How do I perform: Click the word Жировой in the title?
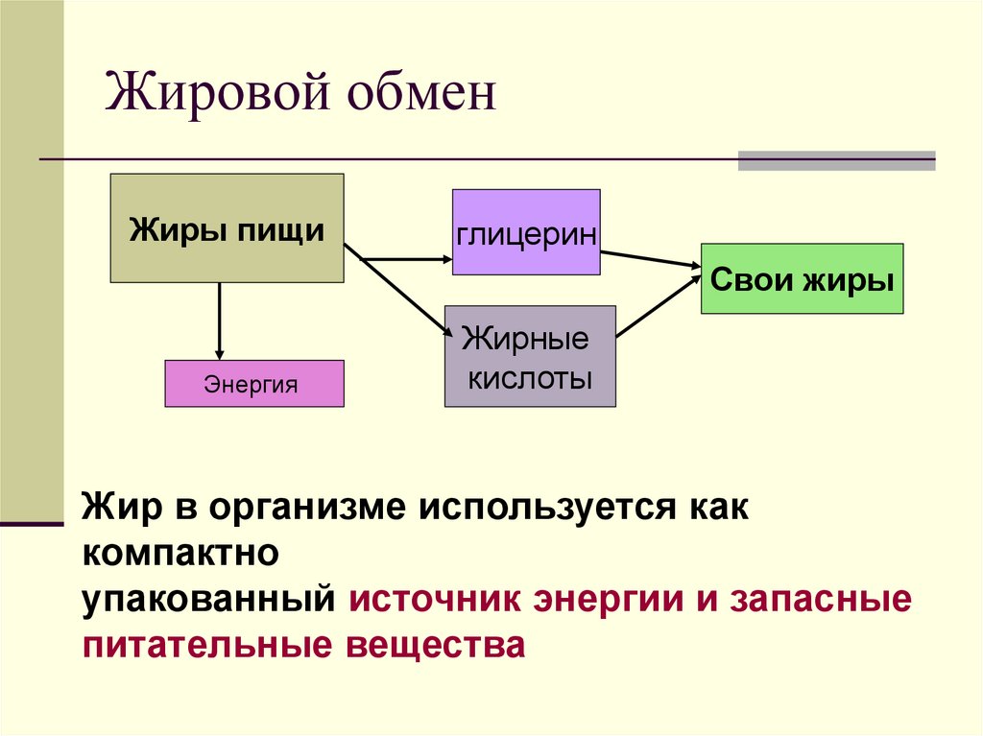(x=203, y=97)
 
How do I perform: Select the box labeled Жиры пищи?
(x=227, y=228)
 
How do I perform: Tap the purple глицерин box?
(x=526, y=233)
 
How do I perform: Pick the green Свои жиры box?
(x=802, y=279)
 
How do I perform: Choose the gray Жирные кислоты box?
(x=529, y=356)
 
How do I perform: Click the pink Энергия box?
(x=253, y=384)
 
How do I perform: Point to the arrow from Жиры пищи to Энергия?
(x=220, y=321)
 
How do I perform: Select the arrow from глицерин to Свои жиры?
(x=651, y=259)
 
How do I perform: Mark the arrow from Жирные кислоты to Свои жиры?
(x=658, y=305)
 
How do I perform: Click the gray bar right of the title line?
(x=836, y=160)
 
